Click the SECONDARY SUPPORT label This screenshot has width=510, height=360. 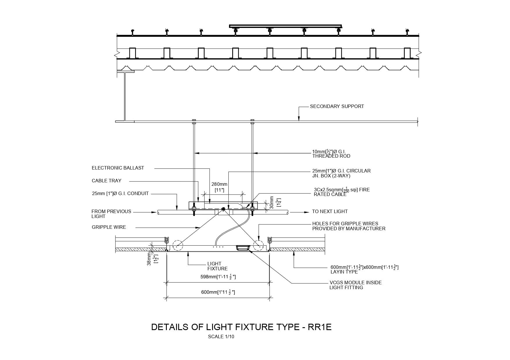[x=337, y=107]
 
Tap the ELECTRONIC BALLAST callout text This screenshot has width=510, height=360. [x=118, y=168]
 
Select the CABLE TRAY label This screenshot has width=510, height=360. [x=106, y=181]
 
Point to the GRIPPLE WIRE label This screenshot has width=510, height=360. [x=109, y=227]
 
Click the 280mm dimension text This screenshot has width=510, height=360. [x=219, y=184]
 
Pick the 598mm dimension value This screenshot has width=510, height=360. [x=218, y=277]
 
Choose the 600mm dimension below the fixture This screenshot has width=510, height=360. [x=218, y=292]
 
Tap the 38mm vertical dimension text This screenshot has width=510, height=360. [x=149, y=259]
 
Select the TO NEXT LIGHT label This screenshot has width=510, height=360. [x=330, y=212]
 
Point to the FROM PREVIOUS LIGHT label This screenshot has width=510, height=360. [x=111, y=214]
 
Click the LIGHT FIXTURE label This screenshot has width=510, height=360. [x=217, y=266]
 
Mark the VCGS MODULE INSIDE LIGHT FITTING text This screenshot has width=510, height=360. [x=355, y=285]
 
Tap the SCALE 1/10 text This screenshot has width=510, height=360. [x=221, y=337]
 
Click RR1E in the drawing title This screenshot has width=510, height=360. [x=319, y=327]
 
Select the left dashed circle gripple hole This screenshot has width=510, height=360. [x=178, y=245]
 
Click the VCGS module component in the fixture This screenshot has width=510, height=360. [x=242, y=248]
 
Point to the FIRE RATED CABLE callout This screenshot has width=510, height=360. [x=341, y=192]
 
